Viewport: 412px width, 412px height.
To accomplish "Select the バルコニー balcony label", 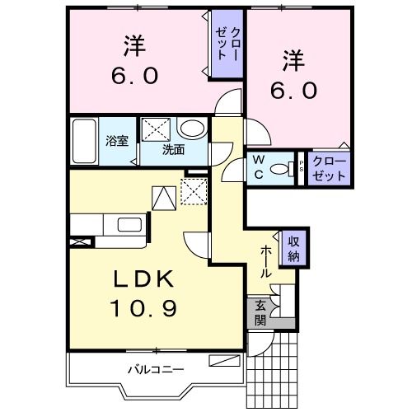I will pos(154,368).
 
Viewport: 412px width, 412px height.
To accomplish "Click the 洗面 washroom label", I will pos(172,150).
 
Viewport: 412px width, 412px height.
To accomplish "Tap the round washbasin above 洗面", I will pos(192,129).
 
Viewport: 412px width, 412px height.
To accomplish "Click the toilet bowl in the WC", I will pos(282,169).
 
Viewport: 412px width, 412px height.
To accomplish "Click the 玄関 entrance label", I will pos(260,312).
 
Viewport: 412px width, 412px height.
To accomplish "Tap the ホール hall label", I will pos(267,260).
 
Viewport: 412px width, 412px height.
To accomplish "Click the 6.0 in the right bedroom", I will pos(291,89).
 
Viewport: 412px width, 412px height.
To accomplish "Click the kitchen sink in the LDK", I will pos(129,225).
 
